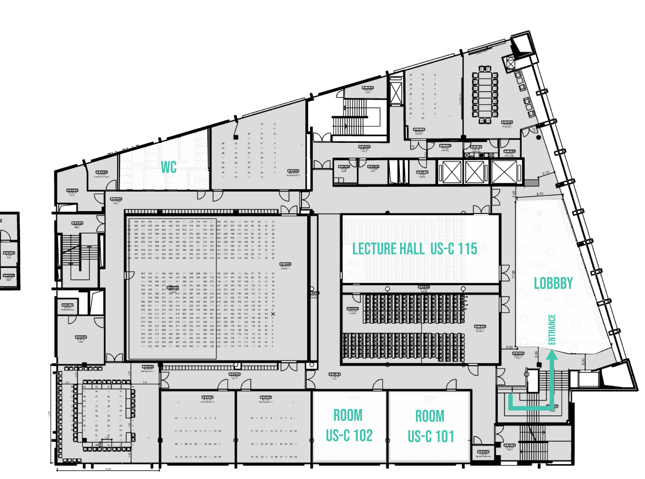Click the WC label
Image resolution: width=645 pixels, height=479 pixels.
[x=168, y=167]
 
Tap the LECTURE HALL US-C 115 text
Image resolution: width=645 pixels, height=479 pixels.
[x=415, y=249]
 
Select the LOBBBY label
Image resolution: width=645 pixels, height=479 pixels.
[x=553, y=283]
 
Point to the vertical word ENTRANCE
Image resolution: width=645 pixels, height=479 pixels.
[x=552, y=329]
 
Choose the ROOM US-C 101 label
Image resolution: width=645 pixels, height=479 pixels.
[x=431, y=426]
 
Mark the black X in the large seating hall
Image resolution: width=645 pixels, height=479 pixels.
[x=273, y=314]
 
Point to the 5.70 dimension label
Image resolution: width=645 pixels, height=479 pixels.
[x=540, y=194]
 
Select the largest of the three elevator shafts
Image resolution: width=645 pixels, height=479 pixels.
[x=505, y=172]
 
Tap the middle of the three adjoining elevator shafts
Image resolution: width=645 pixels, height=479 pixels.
[x=474, y=172]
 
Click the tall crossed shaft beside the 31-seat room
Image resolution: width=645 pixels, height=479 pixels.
[x=396, y=93]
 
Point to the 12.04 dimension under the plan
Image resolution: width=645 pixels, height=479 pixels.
[x=108, y=469]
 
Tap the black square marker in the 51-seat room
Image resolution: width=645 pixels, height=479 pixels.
[x=236, y=137]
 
